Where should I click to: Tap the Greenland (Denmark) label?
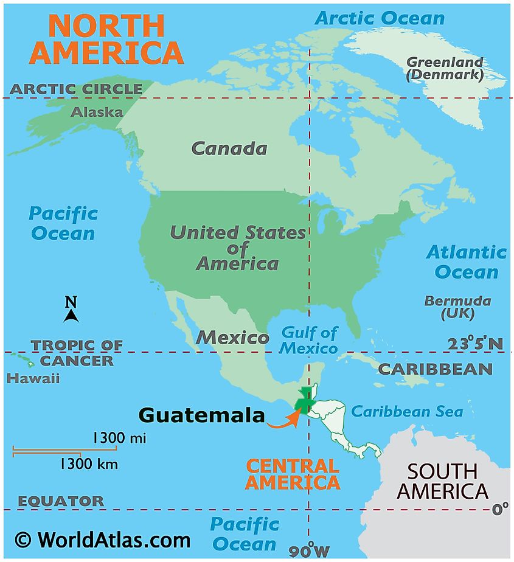coord(445,68)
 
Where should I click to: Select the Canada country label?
coord(229,148)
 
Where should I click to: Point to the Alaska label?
coord(97,112)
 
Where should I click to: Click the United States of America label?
coord(238,248)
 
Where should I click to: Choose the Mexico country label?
coord(232,338)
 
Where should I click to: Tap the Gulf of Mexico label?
coord(308,341)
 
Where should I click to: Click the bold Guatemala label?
coord(201,415)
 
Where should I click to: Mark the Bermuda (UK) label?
coord(457,308)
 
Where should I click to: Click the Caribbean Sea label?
coord(407,412)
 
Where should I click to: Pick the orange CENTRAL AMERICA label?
coord(293,474)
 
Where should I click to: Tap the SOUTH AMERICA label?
coord(442,480)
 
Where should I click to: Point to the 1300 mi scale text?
coord(119,438)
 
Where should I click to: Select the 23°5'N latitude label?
coord(475,344)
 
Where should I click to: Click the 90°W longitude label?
coord(310,550)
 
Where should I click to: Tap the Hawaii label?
coord(33,378)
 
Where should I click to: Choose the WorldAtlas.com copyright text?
coord(102,539)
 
